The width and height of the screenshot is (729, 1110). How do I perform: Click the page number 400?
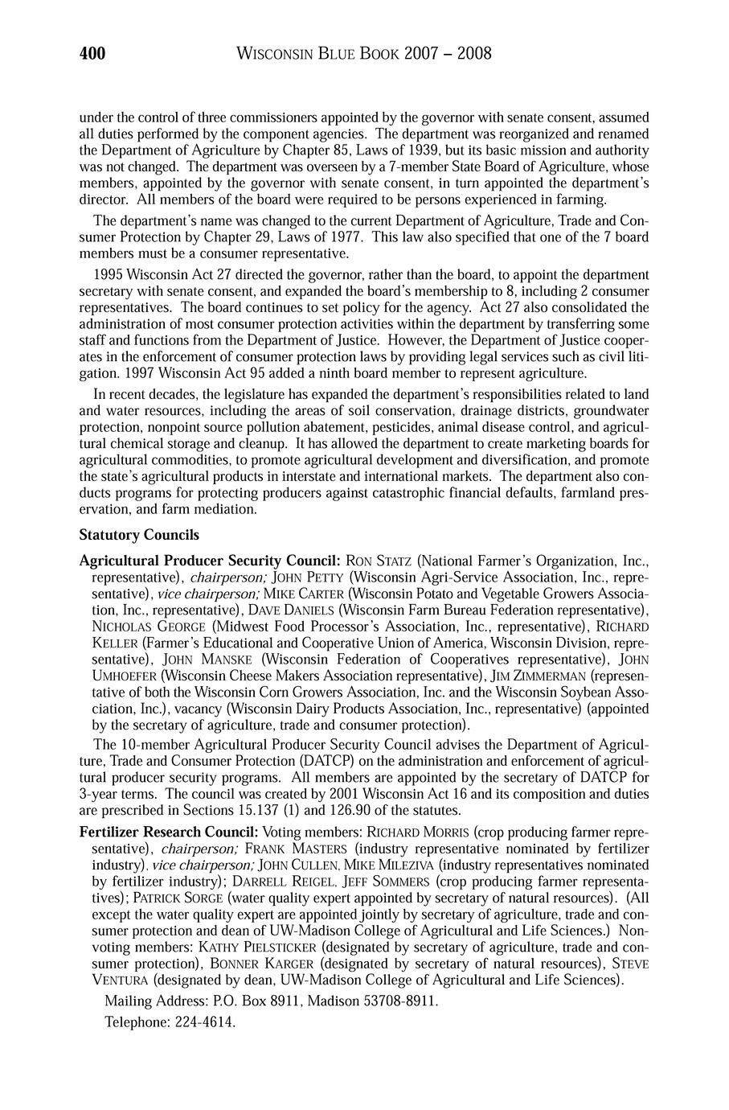(x=92, y=54)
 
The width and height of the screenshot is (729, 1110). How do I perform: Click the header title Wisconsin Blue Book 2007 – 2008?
(x=365, y=54)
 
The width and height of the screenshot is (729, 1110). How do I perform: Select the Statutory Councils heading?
(x=139, y=535)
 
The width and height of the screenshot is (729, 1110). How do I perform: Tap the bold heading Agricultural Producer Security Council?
(x=211, y=560)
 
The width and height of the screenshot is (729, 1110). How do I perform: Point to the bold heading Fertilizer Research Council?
(x=169, y=832)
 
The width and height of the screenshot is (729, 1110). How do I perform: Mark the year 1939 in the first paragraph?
(x=415, y=150)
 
